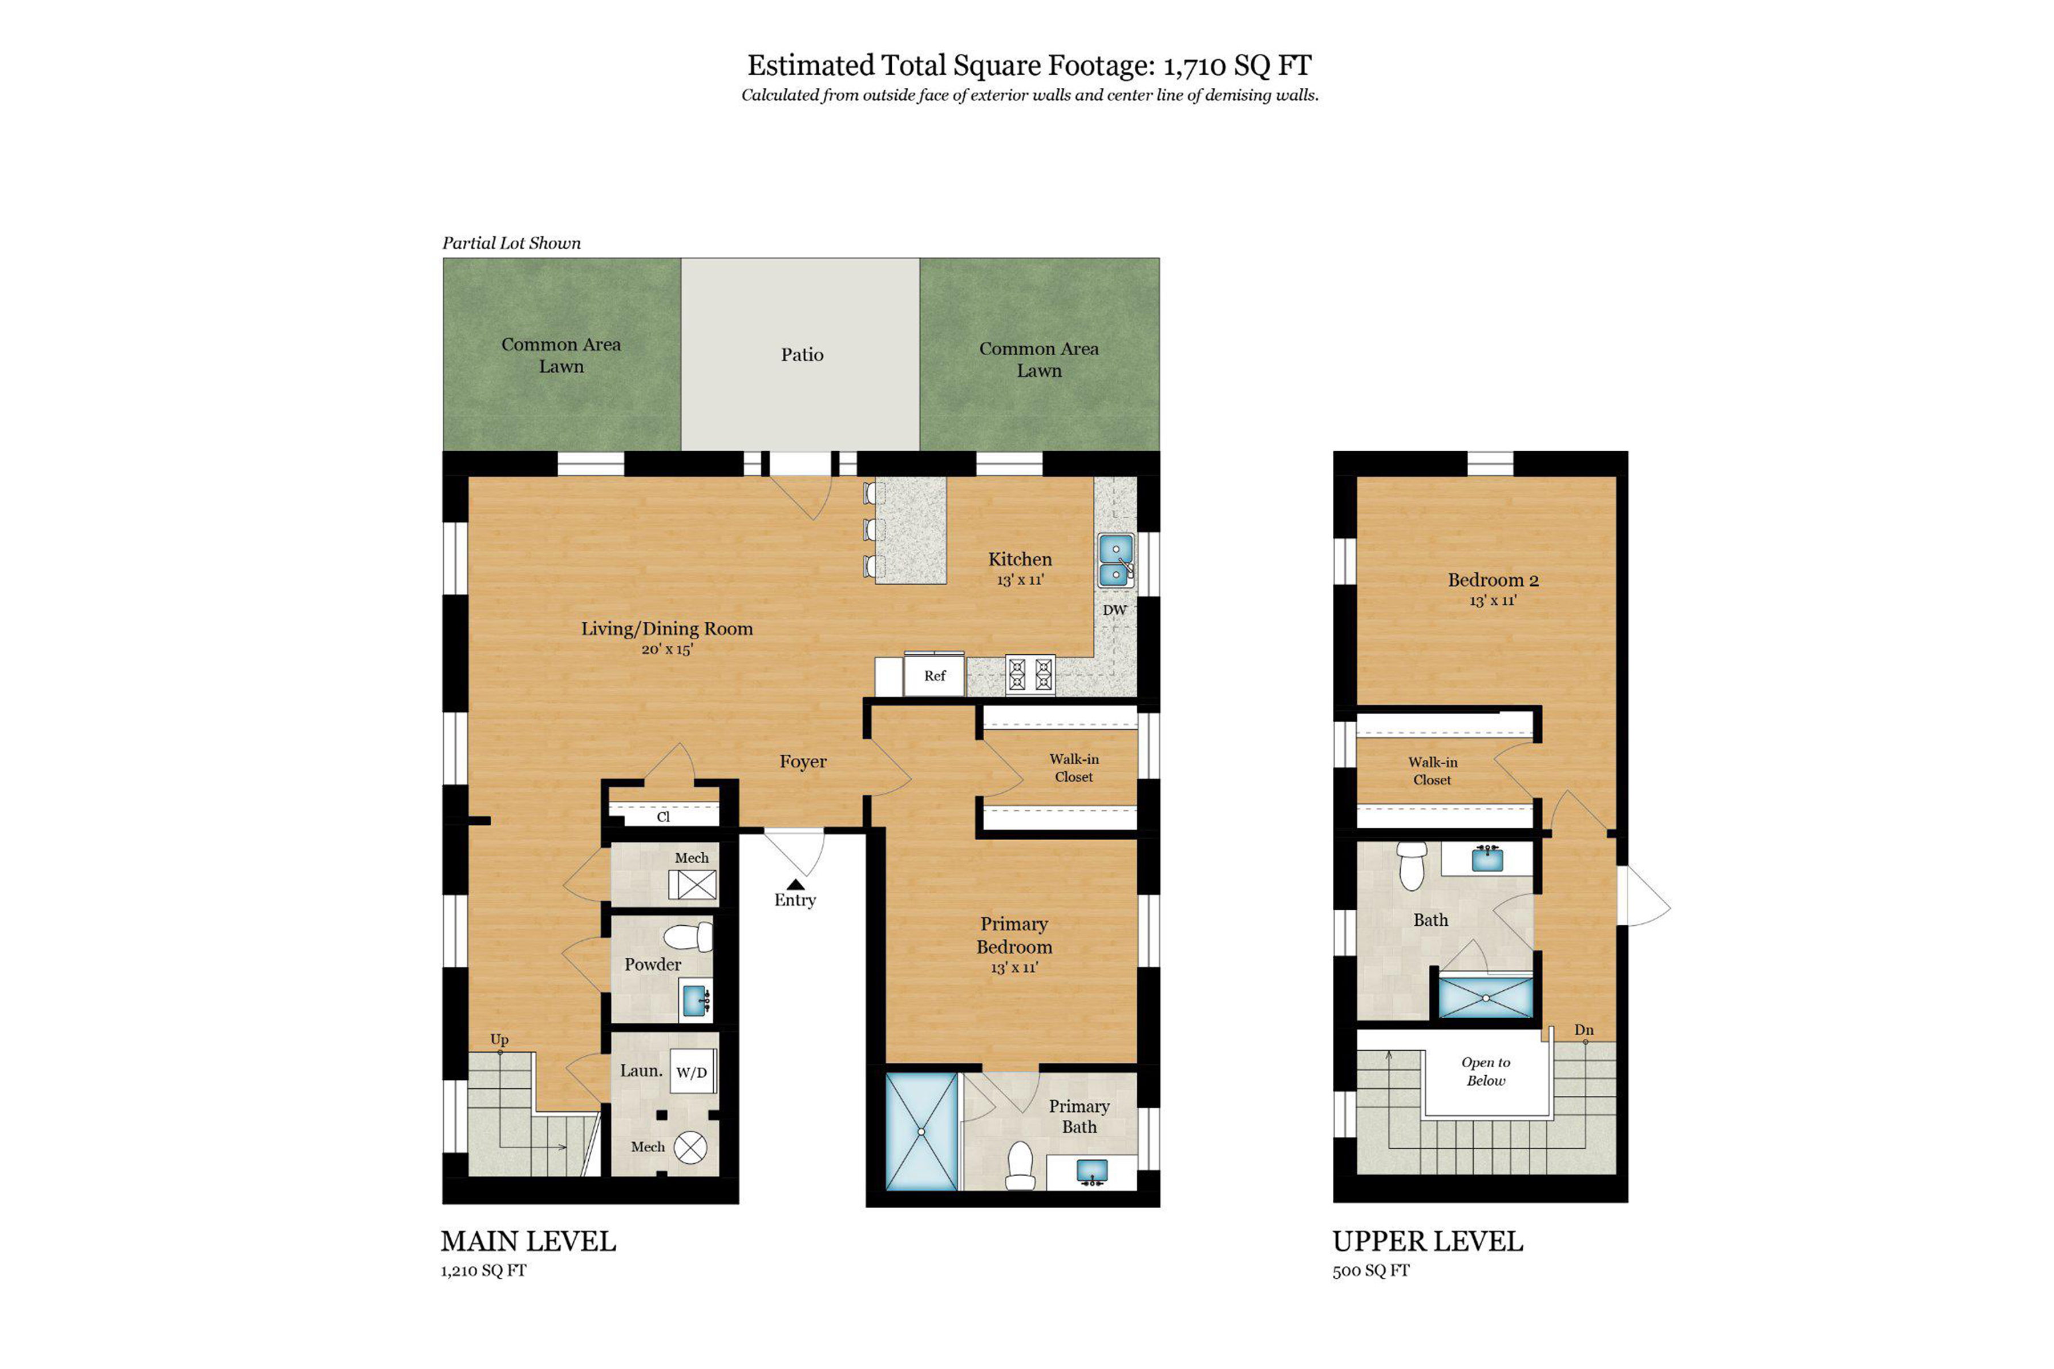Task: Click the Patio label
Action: click(802, 354)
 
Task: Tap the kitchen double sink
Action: click(1116, 561)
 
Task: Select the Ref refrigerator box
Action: click(935, 676)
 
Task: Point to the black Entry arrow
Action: click(795, 885)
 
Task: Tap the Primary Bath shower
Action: click(921, 1132)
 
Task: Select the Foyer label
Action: click(803, 762)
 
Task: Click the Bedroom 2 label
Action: click(1493, 580)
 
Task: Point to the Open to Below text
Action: click(1486, 1071)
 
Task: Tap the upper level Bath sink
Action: click(1487, 859)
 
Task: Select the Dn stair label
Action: click(1583, 1030)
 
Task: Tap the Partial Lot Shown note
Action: click(511, 243)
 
